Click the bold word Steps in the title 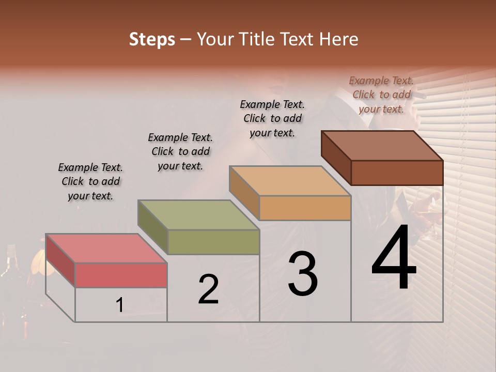(152, 39)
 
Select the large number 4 (394, 259)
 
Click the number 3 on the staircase (302, 274)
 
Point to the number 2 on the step (208, 289)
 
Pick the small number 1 (119, 305)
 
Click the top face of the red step (106, 249)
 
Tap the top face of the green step (198, 215)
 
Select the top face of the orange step (290, 181)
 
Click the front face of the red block (121, 275)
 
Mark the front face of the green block (213, 242)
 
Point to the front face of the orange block (305, 208)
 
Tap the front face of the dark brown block (397, 173)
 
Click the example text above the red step (90, 181)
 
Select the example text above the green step (180, 151)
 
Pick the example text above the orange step (272, 118)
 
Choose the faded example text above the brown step (381, 95)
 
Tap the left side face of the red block (60, 260)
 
